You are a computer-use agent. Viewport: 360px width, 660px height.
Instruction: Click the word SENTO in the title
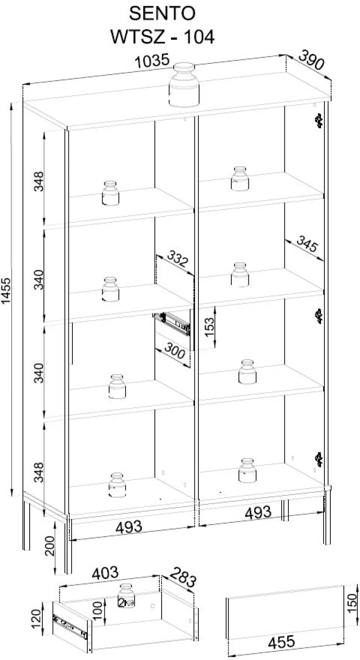pyautogui.click(x=162, y=13)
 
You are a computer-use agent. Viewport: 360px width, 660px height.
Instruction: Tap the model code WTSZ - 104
pyautogui.click(x=162, y=37)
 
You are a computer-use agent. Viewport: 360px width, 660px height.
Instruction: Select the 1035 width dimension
pyautogui.click(x=152, y=61)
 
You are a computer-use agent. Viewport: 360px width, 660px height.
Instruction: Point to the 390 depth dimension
pyautogui.click(x=311, y=60)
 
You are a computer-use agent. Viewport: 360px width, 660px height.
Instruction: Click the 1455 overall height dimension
pyautogui.click(x=6, y=291)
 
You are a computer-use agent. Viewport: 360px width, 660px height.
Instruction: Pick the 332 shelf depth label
pyautogui.click(x=177, y=258)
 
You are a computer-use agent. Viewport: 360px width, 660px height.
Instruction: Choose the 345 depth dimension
pyautogui.click(x=307, y=244)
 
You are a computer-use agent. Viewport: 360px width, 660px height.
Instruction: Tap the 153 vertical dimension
pyautogui.click(x=209, y=327)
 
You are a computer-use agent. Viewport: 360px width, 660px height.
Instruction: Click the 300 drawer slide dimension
pyautogui.click(x=175, y=350)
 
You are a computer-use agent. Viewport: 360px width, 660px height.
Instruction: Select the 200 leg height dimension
pyautogui.click(x=50, y=546)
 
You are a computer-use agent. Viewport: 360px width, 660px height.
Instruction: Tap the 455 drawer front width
pyautogui.click(x=281, y=642)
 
